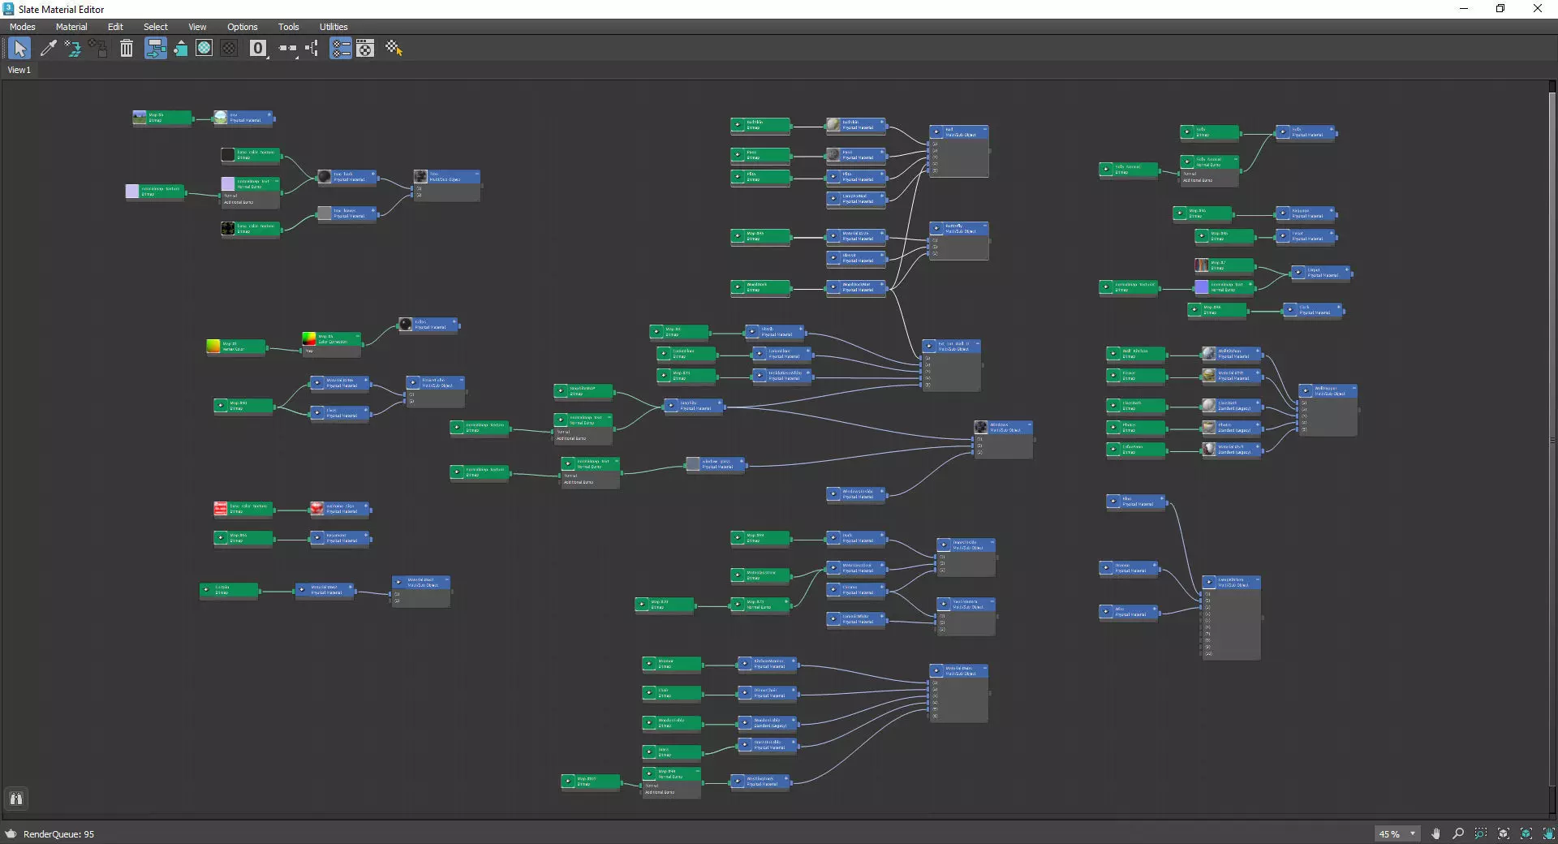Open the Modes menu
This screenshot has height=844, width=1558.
(22, 27)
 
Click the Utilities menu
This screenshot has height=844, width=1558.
(333, 27)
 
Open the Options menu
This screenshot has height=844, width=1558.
(242, 27)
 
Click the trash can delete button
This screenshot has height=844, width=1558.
(127, 49)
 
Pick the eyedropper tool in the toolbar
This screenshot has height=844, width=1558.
(48, 49)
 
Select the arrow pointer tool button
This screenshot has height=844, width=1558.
(19, 49)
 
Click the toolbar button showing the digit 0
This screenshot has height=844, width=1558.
(258, 49)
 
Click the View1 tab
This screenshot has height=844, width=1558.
(19, 70)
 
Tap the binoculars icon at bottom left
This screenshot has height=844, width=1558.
(15, 799)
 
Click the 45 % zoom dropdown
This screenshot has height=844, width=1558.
(1397, 834)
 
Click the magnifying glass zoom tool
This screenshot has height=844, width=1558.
(1458, 833)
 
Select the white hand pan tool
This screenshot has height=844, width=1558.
(1435, 833)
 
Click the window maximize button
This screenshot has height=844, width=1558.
(1500, 9)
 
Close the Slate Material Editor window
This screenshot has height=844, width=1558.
(1537, 9)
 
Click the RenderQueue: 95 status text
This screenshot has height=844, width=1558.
(58, 834)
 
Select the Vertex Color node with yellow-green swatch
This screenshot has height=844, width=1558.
(235, 347)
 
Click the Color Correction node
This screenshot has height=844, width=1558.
(332, 339)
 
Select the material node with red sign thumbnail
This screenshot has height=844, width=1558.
(340, 509)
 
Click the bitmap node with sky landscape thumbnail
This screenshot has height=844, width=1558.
(162, 118)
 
